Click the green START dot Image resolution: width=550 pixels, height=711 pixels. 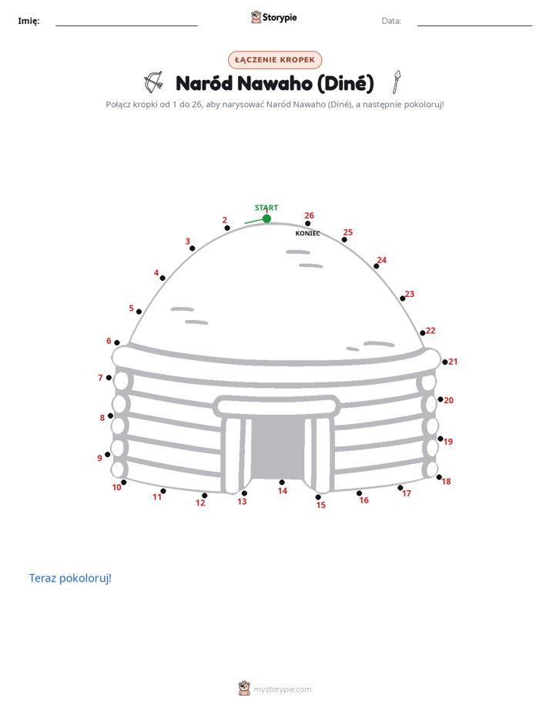click(x=267, y=219)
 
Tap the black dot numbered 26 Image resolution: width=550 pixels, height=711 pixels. click(x=307, y=224)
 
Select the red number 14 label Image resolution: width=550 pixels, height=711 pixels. click(x=282, y=491)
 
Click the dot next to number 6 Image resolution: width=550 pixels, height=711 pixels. click(x=117, y=343)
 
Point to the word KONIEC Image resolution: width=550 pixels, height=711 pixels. click(x=307, y=233)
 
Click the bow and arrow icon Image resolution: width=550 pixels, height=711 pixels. click(x=153, y=82)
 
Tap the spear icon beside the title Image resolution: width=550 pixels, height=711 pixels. click(x=397, y=82)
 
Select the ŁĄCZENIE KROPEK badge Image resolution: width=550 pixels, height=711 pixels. click(x=275, y=60)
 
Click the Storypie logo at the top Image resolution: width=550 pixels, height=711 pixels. click(x=273, y=17)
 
